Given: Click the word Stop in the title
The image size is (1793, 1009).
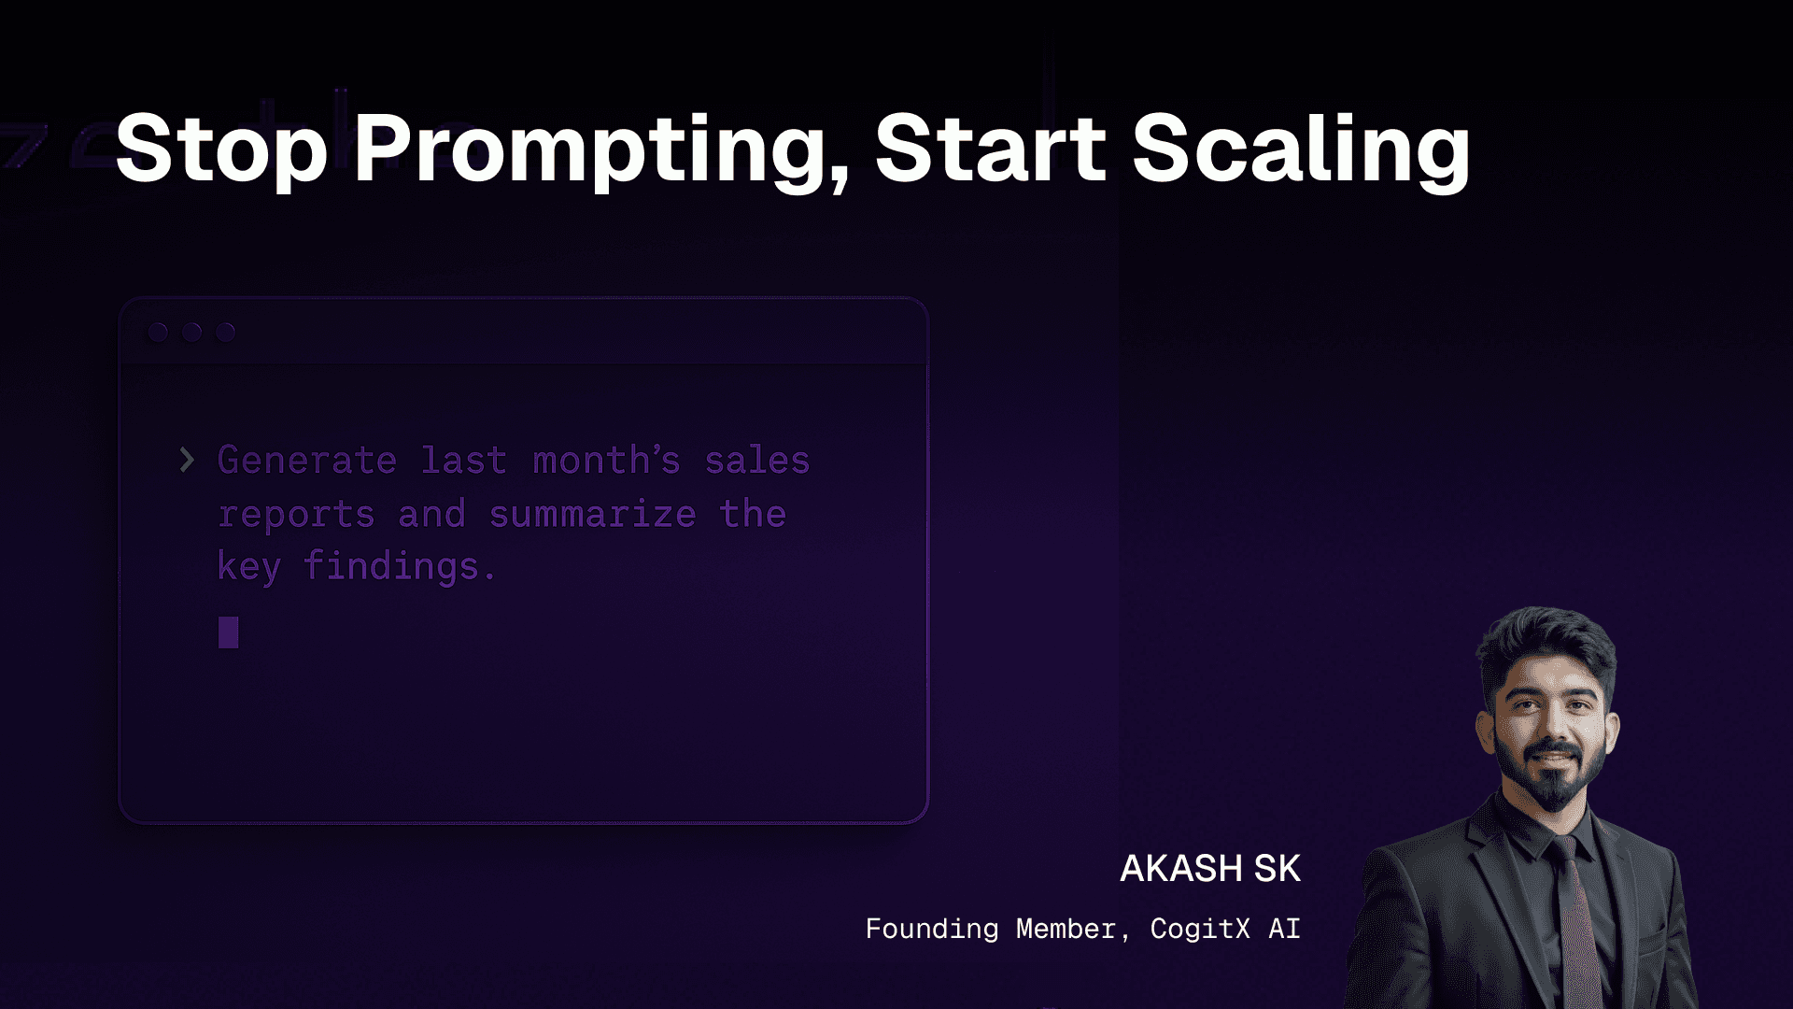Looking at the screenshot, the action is click(221, 149).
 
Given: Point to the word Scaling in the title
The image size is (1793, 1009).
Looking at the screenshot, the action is click(1302, 149).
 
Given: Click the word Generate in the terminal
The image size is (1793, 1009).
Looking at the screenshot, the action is click(307, 461).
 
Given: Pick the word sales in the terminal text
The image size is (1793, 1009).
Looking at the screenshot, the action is click(757, 461).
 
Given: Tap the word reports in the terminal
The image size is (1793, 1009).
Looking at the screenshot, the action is click(296, 515).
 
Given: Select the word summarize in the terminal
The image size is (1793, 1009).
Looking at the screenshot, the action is click(593, 514).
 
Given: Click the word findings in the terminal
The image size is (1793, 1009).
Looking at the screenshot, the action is click(399, 567).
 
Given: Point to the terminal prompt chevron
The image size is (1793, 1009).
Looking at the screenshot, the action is click(187, 460).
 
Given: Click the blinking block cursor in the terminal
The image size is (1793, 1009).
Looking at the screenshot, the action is click(228, 632).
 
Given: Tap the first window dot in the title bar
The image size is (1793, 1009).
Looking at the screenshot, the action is click(158, 332).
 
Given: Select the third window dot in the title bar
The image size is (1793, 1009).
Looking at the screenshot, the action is click(225, 332).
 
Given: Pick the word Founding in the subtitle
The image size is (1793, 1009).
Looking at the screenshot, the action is click(932, 929).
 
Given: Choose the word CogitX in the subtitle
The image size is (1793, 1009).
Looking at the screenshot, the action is click(1200, 929).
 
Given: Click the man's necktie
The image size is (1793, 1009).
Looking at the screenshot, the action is click(1577, 920).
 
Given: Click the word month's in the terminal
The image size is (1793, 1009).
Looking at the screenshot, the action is click(606, 461).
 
